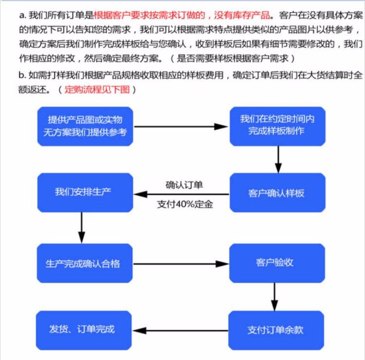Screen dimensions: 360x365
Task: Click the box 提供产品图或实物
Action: (85, 126)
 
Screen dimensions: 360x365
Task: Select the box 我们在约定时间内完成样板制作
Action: (276, 126)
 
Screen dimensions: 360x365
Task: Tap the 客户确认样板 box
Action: (276, 192)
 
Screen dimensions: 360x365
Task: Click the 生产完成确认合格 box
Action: (85, 264)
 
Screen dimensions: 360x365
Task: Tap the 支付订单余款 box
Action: (276, 330)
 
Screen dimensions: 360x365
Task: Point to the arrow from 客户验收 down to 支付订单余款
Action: (274, 297)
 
